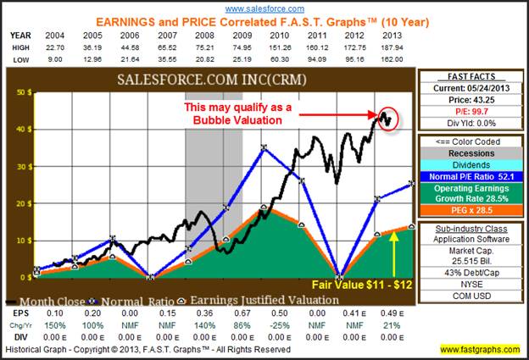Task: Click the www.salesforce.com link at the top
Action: pyautogui.click(x=265, y=7)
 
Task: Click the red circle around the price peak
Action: pyautogui.click(x=387, y=118)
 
